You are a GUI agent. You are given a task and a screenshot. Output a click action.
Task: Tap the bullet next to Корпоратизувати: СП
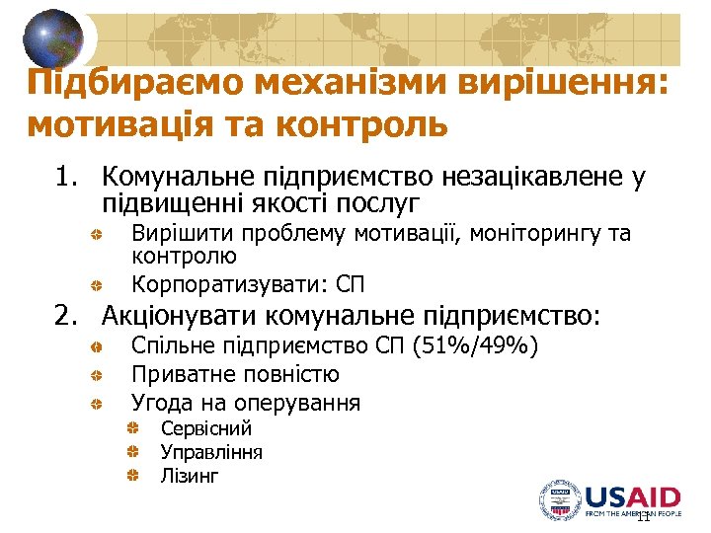point(100,286)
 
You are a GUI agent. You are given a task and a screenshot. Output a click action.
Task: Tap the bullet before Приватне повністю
point(100,376)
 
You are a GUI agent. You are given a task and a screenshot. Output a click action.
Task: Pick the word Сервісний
point(206,429)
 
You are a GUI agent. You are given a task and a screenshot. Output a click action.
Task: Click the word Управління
point(211,453)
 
